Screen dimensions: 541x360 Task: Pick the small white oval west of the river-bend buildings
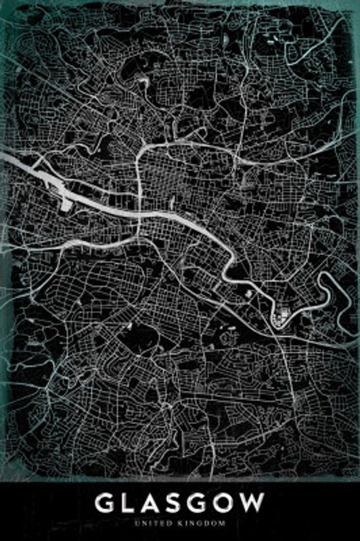pyautogui.click(x=248, y=293)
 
